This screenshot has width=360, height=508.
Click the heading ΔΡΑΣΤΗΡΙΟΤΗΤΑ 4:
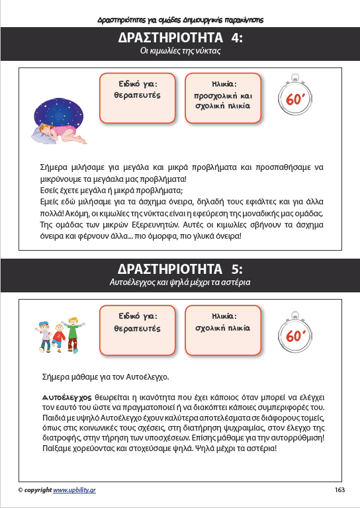click(180, 37)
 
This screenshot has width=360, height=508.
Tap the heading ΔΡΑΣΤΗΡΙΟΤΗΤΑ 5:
click(180, 269)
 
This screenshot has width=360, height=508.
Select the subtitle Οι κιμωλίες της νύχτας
click(180, 50)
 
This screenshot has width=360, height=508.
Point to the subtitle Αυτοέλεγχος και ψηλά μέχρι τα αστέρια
click(180, 282)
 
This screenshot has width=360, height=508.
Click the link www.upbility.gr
click(75, 490)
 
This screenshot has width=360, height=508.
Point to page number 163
click(340, 490)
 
